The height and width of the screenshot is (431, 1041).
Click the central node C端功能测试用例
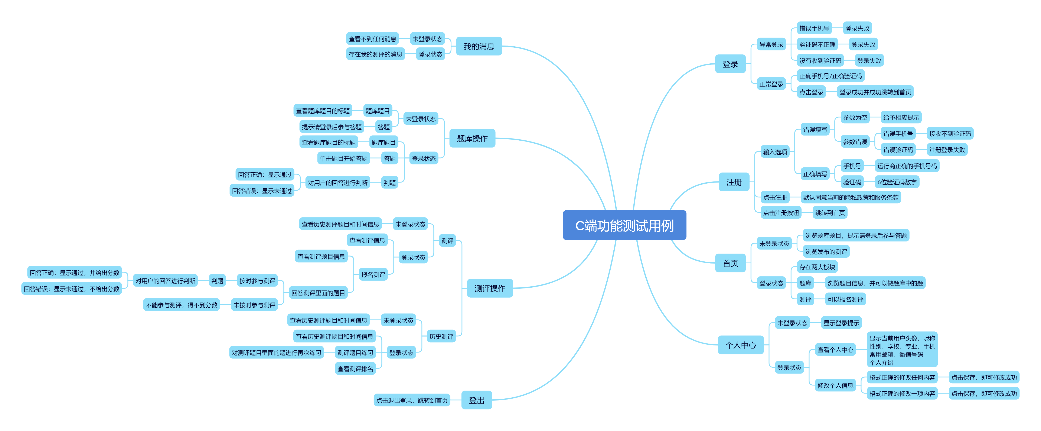[624, 225]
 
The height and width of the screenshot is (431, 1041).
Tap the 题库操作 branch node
[472, 138]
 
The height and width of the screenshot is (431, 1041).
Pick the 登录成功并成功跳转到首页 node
[875, 92]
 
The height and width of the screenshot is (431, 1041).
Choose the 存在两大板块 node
[817, 267]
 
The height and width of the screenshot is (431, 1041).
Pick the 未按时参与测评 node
[254, 305]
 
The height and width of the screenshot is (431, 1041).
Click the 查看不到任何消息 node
[372, 39]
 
